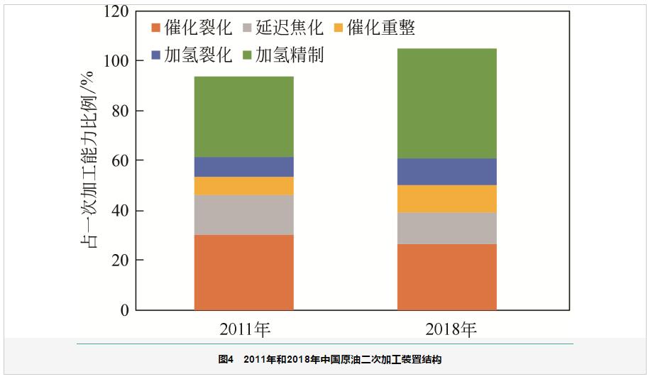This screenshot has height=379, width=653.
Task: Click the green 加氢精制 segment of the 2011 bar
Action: [x=243, y=116]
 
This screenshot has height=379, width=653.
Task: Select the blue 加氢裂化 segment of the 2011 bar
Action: [x=243, y=167]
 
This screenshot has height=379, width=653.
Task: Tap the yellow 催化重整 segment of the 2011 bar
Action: [x=243, y=186]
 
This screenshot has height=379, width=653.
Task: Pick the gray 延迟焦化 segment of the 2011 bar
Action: [x=243, y=214]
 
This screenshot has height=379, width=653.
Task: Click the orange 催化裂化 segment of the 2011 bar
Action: [x=243, y=272]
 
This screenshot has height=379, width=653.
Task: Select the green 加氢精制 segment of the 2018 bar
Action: [x=446, y=103]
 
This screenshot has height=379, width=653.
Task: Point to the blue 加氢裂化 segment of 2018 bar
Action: [x=446, y=171]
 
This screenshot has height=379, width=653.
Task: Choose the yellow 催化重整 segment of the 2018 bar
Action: [x=446, y=199]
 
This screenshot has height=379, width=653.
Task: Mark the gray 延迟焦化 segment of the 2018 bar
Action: [x=446, y=228]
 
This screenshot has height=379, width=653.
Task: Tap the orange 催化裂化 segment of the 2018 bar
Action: [x=446, y=277]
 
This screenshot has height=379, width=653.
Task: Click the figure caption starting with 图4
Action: [x=329, y=361]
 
